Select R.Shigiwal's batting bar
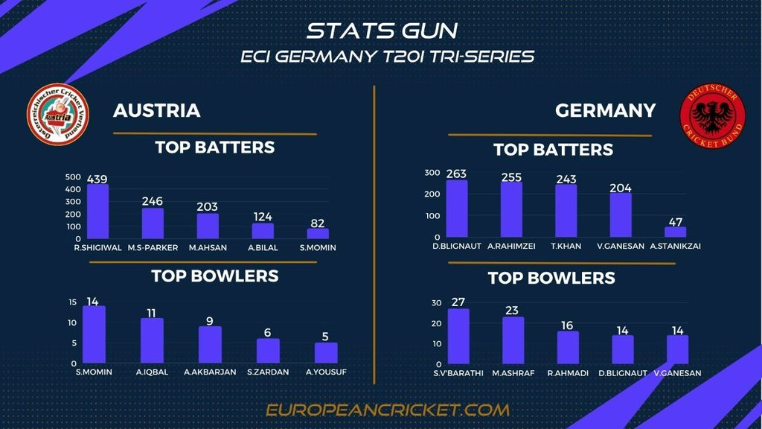click(x=97, y=212)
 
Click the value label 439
click(x=97, y=179)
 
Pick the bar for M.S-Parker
click(x=153, y=223)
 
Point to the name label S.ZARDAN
click(x=268, y=372)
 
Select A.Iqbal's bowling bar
click(x=152, y=340)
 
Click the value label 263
click(x=456, y=174)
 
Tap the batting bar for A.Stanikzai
click(x=676, y=232)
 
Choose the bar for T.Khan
click(x=566, y=211)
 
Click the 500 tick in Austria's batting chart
click(x=73, y=177)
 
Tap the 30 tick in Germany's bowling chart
click(x=436, y=303)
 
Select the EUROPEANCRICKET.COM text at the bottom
click(x=388, y=410)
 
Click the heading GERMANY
click(x=605, y=111)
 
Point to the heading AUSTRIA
click(x=156, y=111)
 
